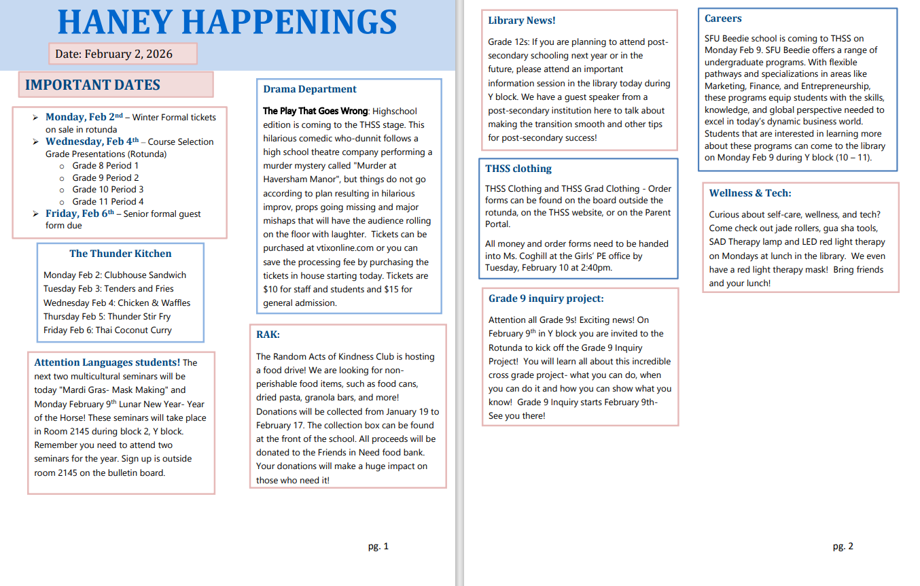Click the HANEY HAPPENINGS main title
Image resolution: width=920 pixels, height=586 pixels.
[228, 22]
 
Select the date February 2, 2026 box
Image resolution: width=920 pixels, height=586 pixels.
[123, 54]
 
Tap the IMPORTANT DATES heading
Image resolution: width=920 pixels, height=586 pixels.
[93, 85]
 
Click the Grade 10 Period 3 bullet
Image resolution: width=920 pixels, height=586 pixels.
[108, 190]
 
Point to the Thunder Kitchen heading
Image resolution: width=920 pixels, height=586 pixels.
[120, 254]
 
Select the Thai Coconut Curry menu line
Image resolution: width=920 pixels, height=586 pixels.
[107, 330]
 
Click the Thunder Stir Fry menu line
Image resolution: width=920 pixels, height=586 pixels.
[107, 317]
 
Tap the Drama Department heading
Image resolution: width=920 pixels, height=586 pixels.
[310, 89]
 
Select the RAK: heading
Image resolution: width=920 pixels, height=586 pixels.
[268, 334]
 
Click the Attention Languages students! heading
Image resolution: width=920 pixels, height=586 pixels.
[107, 362]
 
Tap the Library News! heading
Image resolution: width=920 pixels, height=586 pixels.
[522, 20]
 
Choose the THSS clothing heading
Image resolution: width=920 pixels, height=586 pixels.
[518, 169]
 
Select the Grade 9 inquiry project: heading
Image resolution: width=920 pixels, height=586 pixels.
[546, 298]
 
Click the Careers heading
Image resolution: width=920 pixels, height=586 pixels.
[723, 18]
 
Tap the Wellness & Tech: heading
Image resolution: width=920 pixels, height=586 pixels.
[750, 193]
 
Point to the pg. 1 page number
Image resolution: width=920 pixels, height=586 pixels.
[378, 546]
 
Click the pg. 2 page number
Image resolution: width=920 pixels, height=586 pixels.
[843, 546]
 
